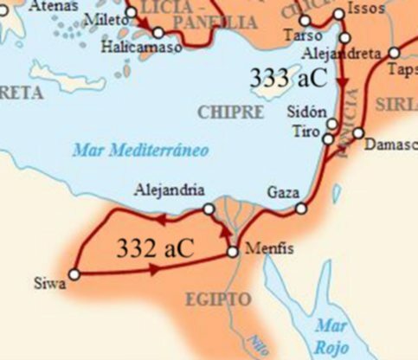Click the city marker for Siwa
(74, 274)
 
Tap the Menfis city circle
(232, 252)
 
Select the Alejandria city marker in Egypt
(209, 209)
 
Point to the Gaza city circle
(301, 208)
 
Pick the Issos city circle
(338, 16)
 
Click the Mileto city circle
(132, 13)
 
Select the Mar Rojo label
(332, 334)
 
